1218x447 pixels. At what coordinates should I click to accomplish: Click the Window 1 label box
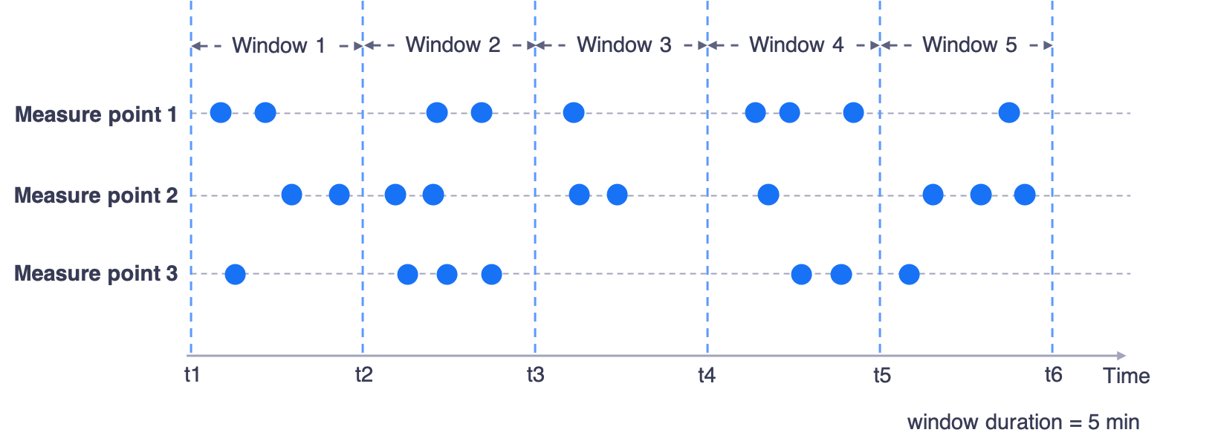[279, 45]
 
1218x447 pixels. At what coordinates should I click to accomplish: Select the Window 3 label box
[624, 45]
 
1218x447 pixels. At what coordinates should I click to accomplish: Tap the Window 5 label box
[970, 45]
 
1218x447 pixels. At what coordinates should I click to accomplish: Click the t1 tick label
[192, 374]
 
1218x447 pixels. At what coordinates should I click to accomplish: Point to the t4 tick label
[706, 375]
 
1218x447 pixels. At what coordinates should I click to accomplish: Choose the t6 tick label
[1053, 375]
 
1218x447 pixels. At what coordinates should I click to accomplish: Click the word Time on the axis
[1127, 376]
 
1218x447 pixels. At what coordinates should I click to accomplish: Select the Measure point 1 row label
[96, 114]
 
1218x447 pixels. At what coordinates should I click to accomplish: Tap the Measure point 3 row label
[96, 273]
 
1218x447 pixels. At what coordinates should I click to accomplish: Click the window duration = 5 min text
[1023, 422]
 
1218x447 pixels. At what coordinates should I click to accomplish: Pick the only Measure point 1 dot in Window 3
[573, 113]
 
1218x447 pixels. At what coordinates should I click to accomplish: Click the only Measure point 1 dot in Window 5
[1008, 113]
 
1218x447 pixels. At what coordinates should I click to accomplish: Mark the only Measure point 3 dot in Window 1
[235, 274]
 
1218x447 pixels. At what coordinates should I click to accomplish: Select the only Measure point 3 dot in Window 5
[909, 274]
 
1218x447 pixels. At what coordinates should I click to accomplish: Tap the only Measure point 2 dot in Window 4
[768, 195]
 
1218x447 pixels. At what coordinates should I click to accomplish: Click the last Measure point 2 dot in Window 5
[1025, 195]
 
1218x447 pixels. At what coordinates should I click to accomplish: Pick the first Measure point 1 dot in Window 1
[221, 113]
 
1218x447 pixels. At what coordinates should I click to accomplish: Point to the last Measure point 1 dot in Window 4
[853, 113]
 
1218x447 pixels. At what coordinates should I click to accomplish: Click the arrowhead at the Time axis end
[1122, 356]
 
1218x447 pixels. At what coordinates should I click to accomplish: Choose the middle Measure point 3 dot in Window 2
[447, 274]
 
